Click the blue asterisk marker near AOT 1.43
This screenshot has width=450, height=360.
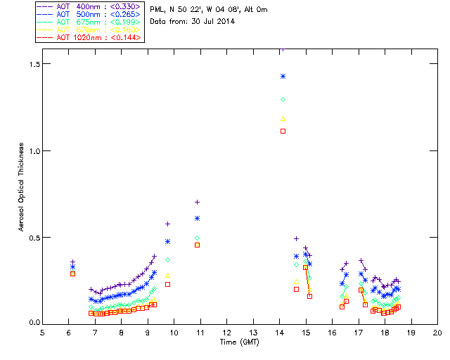(283, 76)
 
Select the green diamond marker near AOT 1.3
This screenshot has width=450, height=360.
(283, 100)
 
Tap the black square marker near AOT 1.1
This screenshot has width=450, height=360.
(283, 131)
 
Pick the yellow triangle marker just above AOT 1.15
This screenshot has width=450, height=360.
(283, 118)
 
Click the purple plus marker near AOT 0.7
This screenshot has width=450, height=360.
(197, 202)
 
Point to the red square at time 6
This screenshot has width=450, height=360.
(72, 274)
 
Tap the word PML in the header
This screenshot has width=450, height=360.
(157, 10)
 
